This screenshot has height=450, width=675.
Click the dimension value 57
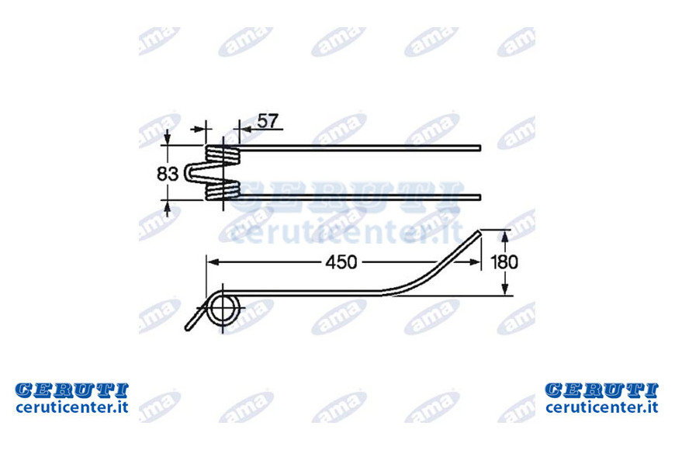268,121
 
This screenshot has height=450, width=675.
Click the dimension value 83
168,174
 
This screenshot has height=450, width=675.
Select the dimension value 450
341,262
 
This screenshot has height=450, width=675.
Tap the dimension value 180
504,261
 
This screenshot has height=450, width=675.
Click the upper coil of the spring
223,154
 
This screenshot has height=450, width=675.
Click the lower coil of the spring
223,190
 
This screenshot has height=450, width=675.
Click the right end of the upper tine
479,148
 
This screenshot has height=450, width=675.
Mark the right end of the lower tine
479,197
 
